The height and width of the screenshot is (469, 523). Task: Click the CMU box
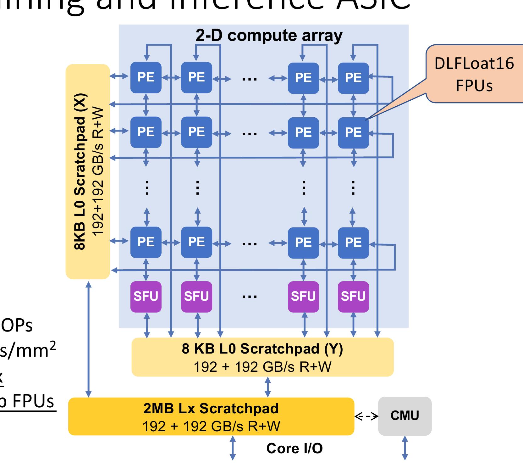click(x=405, y=416)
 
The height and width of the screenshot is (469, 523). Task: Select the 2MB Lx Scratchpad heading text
click(x=211, y=408)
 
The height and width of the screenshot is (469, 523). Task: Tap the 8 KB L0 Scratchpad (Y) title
click(x=262, y=349)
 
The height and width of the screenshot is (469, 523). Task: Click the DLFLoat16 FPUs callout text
click(x=474, y=74)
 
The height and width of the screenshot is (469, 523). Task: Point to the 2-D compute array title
click(x=269, y=35)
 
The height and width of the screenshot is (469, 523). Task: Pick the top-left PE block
click(x=146, y=77)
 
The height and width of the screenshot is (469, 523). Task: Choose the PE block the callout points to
click(x=353, y=132)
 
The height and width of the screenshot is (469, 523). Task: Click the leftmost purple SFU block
click(x=146, y=296)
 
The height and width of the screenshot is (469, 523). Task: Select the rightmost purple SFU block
click(x=353, y=296)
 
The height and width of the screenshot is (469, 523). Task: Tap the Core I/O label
click(x=294, y=448)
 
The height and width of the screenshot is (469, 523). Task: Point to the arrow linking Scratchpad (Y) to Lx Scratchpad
click(x=267, y=387)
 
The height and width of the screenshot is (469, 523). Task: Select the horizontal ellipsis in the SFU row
click(x=250, y=296)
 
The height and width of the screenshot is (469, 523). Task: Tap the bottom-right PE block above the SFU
click(x=353, y=242)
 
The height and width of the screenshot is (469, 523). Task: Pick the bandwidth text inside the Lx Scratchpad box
click(x=211, y=426)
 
